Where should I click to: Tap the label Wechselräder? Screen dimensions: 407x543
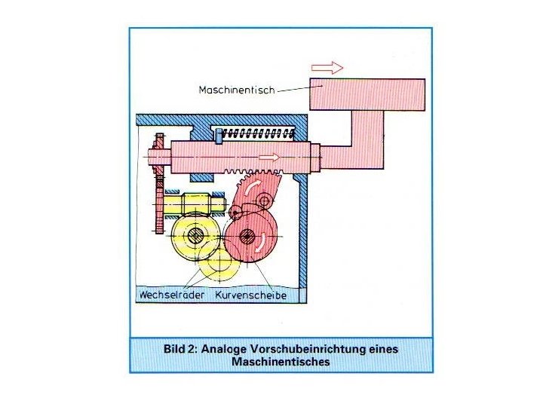tap(170, 295)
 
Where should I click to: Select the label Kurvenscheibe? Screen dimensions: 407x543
tap(251, 295)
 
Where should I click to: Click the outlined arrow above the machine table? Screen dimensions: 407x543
tap(327, 68)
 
